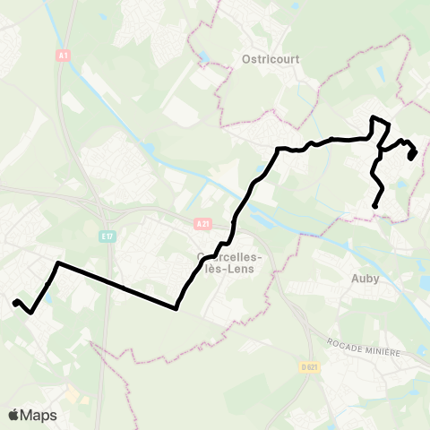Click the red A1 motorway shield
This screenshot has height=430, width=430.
tap(63, 56)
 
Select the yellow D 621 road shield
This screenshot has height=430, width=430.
tap(311, 367)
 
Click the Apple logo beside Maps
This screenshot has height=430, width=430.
tap(14, 415)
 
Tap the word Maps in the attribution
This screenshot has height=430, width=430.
tap(41, 415)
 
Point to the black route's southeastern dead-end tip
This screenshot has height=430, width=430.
tap(374, 207)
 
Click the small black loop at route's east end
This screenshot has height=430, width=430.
tap(412, 154)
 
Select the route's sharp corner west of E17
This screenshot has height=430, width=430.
tap(58, 263)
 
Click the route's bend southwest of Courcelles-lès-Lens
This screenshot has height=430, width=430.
tap(176, 308)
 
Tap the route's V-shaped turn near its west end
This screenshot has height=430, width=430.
tap(31, 313)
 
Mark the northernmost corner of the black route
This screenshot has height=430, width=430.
tap(373, 118)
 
